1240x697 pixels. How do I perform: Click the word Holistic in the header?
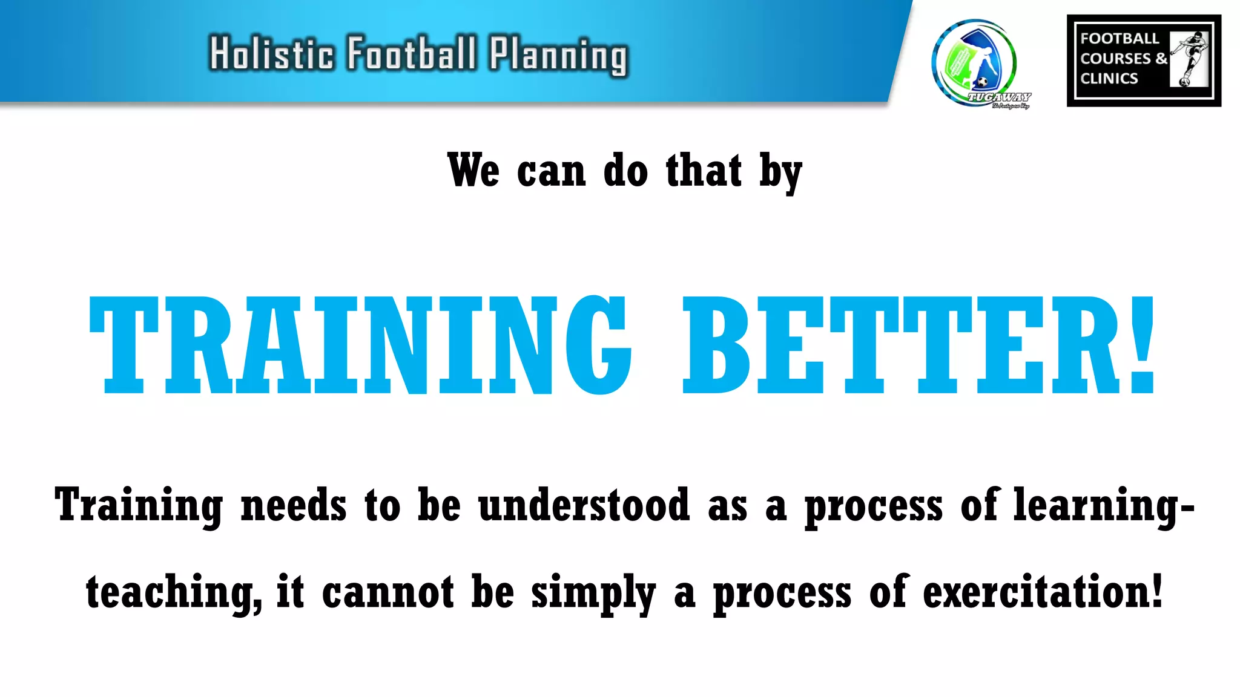click(271, 53)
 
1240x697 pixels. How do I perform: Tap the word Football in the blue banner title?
click(412, 53)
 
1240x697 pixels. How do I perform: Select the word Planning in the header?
click(559, 56)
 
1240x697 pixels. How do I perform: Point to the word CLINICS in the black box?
click(1109, 79)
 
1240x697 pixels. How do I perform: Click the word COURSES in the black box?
click(1115, 59)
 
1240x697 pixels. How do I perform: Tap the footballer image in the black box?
click(1190, 59)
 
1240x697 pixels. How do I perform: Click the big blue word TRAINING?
click(360, 345)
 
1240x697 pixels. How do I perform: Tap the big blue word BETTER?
click(901, 345)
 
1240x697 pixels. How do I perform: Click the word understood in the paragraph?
click(584, 505)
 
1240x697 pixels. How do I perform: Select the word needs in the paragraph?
click(294, 505)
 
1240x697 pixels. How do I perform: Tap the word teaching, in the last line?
click(174, 593)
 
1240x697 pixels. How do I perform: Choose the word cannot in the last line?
click(387, 592)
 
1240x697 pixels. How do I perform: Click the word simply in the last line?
click(593, 594)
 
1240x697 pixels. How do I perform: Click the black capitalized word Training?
click(139, 506)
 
